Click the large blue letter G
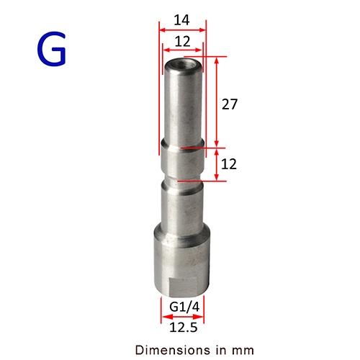click(x=51, y=49)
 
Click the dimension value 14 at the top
click(x=181, y=20)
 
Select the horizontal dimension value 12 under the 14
click(x=182, y=42)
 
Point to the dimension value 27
click(x=230, y=104)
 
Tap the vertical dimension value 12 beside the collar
click(x=229, y=164)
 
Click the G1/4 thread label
click(x=184, y=307)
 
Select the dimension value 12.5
click(x=184, y=328)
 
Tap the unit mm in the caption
click(x=243, y=351)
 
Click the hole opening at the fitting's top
click(x=183, y=64)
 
